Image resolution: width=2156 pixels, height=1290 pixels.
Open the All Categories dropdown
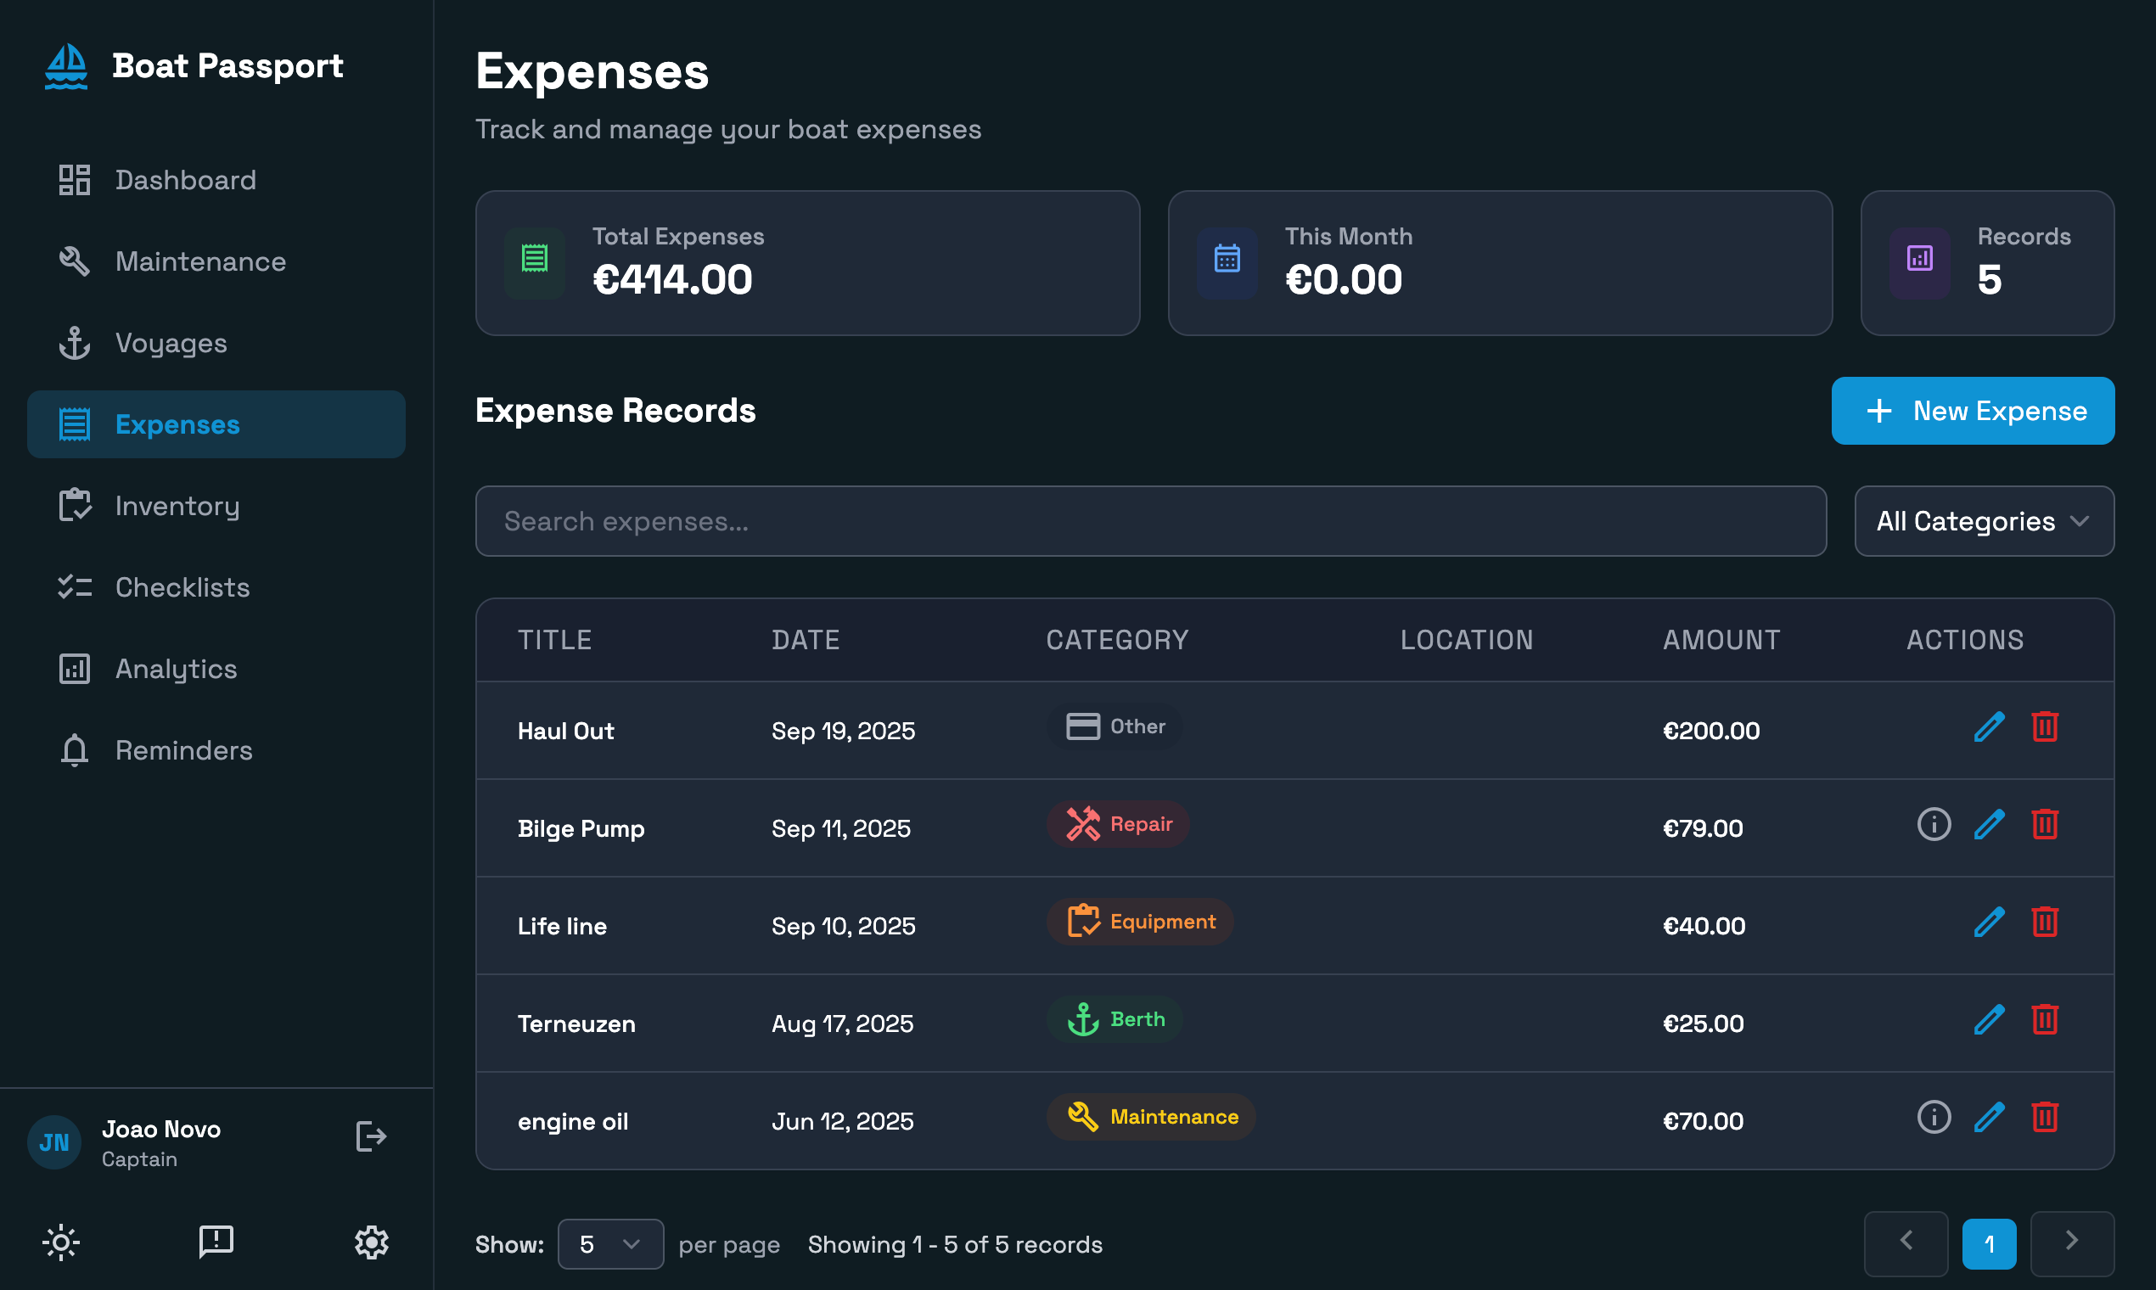click(1983, 521)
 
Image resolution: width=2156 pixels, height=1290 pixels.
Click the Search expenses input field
click(1149, 521)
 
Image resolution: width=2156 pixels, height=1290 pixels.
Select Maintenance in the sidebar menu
click(200, 261)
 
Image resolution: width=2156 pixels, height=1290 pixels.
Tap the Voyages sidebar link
click(171, 344)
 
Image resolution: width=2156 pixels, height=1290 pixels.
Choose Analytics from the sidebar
click(176, 669)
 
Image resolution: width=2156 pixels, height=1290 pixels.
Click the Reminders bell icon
click(75, 750)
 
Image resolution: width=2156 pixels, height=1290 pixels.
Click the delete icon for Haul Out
click(2044, 726)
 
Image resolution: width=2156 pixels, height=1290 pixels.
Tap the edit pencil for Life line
click(1988, 923)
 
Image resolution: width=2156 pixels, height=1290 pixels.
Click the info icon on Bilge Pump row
click(1934, 824)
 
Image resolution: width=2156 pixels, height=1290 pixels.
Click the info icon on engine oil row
click(1934, 1117)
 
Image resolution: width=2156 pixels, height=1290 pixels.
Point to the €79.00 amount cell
click(1702, 828)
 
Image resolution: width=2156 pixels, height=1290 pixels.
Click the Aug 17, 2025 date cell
click(841, 1024)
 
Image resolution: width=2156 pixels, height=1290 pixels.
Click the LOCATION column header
click(1466, 640)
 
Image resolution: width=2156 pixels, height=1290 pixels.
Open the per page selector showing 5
click(609, 1244)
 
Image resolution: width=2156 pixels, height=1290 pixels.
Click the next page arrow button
click(2071, 1242)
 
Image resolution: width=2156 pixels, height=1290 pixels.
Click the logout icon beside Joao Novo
click(370, 1136)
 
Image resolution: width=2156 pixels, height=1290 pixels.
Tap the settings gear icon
click(371, 1242)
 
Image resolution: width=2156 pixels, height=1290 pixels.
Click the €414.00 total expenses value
click(672, 280)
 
